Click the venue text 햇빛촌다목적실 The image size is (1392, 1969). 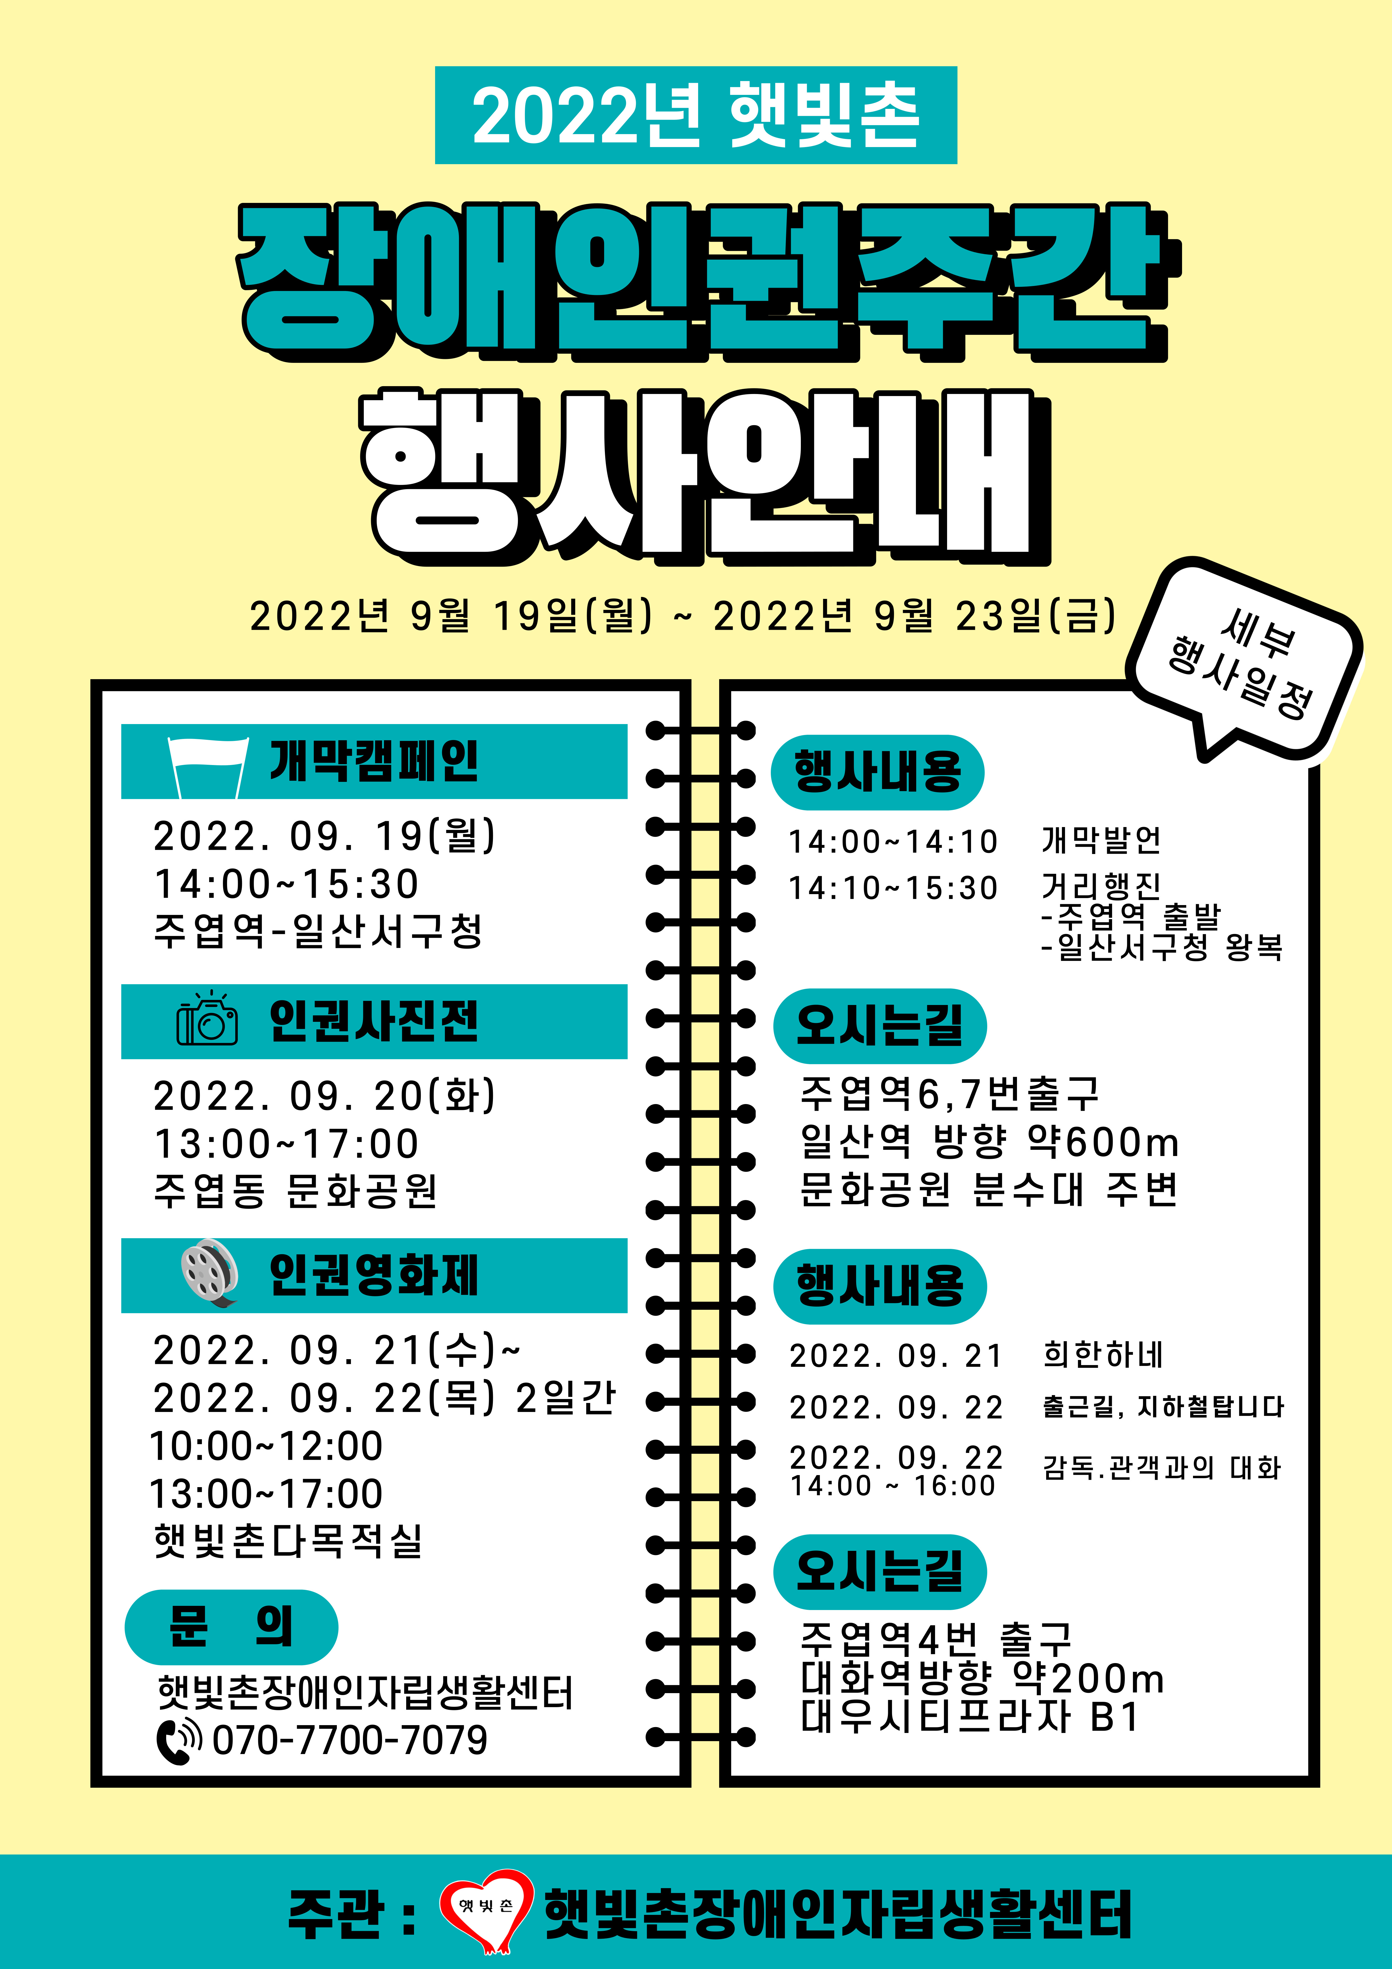(x=288, y=1540)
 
